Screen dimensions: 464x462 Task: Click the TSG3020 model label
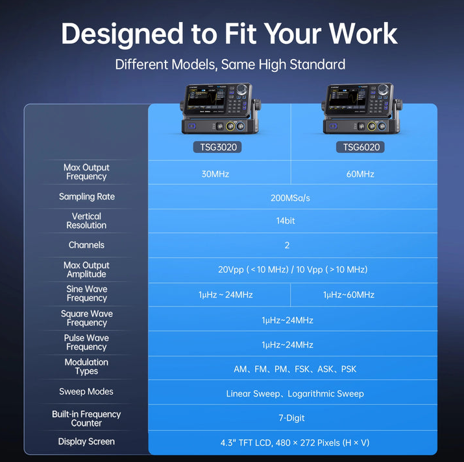pyautogui.click(x=217, y=147)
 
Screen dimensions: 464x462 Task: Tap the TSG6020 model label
pyautogui.click(x=360, y=147)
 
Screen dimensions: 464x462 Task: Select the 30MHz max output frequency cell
pyautogui.click(x=215, y=174)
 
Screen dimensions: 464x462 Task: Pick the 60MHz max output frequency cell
pyautogui.click(x=360, y=174)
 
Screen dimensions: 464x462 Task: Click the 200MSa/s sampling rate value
pyautogui.click(x=290, y=198)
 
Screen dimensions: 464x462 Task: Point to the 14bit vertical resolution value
pyautogui.click(x=286, y=221)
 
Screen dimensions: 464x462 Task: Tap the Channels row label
pyautogui.click(x=86, y=245)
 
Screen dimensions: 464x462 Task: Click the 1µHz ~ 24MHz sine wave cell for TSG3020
pyautogui.click(x=225, y=295)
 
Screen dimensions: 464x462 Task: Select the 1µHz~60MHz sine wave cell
pyautogui.click(x=348, y=295)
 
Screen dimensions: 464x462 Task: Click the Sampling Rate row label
pyautogui.click(x=87, y=196)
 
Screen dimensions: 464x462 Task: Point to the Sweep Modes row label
pyautogui.click(x=86, y=391)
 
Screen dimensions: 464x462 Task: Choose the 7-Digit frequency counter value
pyautogui.click(x=291, y=418)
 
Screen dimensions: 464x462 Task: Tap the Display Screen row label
pyautogui.click(x=86, y=441)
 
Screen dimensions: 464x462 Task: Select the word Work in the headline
pyautogui.click(x=363, y=34)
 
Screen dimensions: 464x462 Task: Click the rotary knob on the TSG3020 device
pyautogui.click(x=242, y=89)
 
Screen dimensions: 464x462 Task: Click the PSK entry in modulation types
pyautogui.click(x=348, y=369)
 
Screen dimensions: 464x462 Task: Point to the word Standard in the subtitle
pyautogui.click(x=317, y=64)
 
